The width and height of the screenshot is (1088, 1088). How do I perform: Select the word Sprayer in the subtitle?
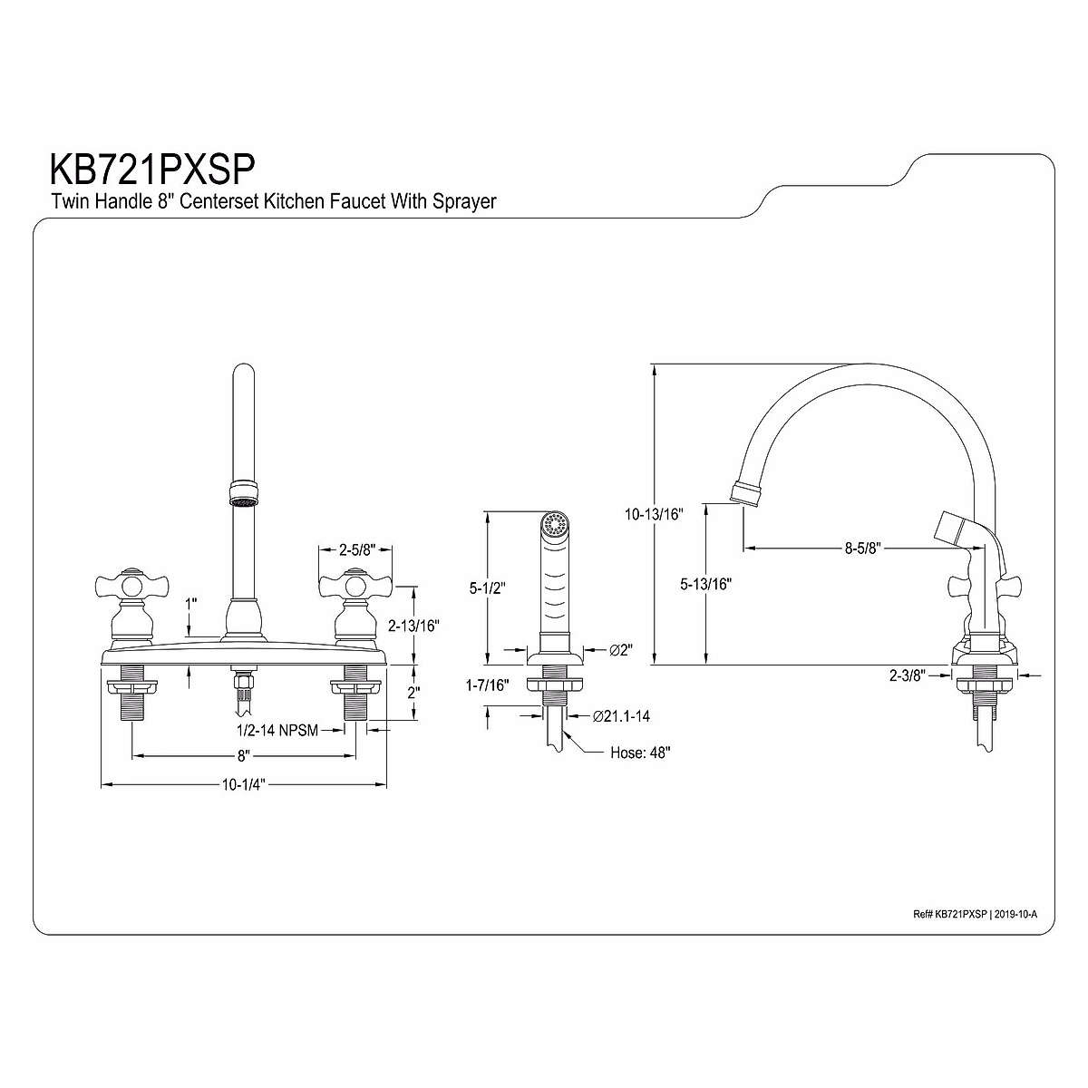[465, 201]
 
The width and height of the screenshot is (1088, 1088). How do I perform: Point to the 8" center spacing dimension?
[243, 754]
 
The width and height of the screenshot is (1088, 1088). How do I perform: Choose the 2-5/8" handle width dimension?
[357, 549]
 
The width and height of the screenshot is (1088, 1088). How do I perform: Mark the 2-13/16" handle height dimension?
[413, 626]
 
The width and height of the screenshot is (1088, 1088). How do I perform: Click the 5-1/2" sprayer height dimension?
[487, 588]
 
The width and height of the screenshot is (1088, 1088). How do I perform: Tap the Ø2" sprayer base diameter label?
[620, 649]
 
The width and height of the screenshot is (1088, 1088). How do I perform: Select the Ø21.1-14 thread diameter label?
[621, 716]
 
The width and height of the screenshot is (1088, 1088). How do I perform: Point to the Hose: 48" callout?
[640, 753]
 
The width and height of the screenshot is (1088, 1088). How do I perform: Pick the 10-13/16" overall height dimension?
[654, 514]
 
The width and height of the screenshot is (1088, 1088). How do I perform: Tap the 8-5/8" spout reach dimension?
[863, 548]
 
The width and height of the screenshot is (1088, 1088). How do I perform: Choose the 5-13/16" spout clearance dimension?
[705, 584]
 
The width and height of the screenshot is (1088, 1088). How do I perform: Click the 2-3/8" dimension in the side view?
[906, 675]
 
